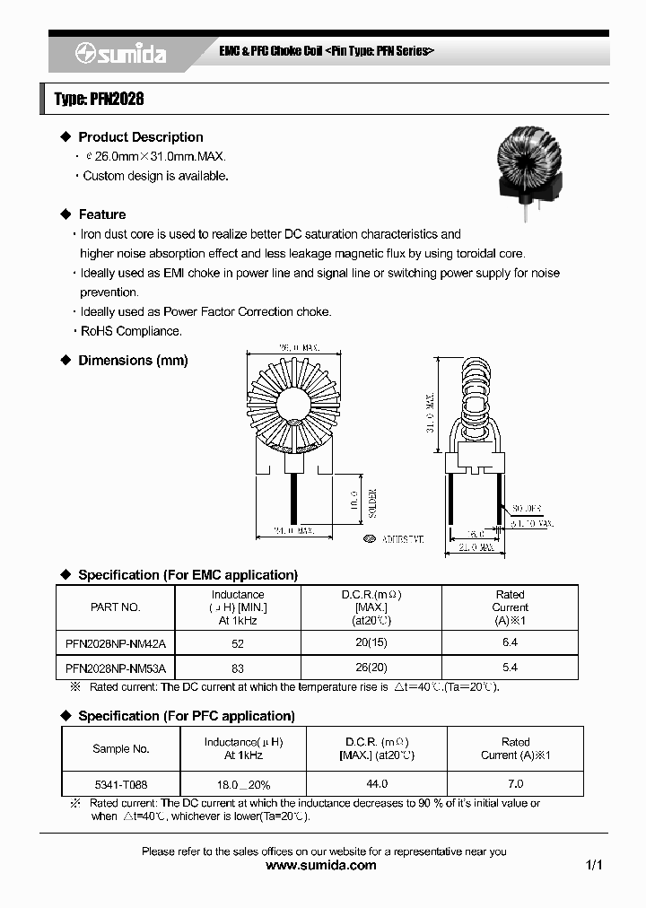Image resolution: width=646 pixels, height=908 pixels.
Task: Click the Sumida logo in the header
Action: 120,54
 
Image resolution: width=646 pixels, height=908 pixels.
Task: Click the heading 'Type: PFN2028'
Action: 99,99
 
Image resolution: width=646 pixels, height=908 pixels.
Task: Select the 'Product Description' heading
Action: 140,137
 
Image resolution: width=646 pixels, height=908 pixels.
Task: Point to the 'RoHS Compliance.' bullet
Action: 131,331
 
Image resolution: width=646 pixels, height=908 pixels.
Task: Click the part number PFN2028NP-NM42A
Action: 116,643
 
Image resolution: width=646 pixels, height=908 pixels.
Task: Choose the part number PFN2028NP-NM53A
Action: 116,668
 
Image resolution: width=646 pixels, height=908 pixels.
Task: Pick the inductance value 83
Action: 238,668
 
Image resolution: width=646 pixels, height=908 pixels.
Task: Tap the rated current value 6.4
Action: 510,643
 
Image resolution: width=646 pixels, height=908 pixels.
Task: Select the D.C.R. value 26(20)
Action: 371,668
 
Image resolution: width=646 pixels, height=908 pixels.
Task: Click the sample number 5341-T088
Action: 120,783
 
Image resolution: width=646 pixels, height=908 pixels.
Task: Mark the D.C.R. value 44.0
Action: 376,783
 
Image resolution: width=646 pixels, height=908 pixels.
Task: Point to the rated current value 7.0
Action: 515,783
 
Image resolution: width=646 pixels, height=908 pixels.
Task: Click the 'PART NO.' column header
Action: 116,607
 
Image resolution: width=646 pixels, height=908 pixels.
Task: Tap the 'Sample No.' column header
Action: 120,748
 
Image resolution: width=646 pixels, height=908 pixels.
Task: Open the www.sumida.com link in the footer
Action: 322,866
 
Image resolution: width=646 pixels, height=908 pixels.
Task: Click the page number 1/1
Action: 593,866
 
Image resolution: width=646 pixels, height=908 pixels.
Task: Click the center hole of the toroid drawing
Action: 295,406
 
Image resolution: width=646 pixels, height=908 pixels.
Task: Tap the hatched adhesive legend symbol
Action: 370,539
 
